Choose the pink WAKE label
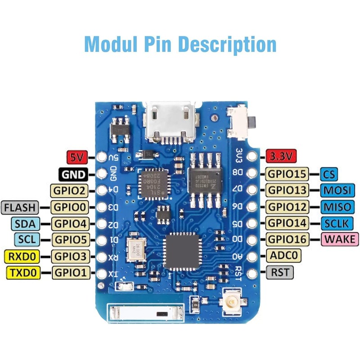coord(339,239)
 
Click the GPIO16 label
coord(287,239)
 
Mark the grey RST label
coord(280,272)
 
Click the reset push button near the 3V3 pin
coord(239,121)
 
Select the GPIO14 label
coord(287,223)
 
